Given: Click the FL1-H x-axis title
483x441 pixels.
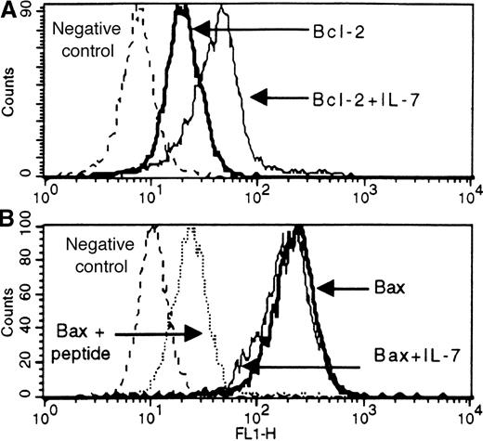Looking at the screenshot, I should pyautogui.click(x=248, y=432).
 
